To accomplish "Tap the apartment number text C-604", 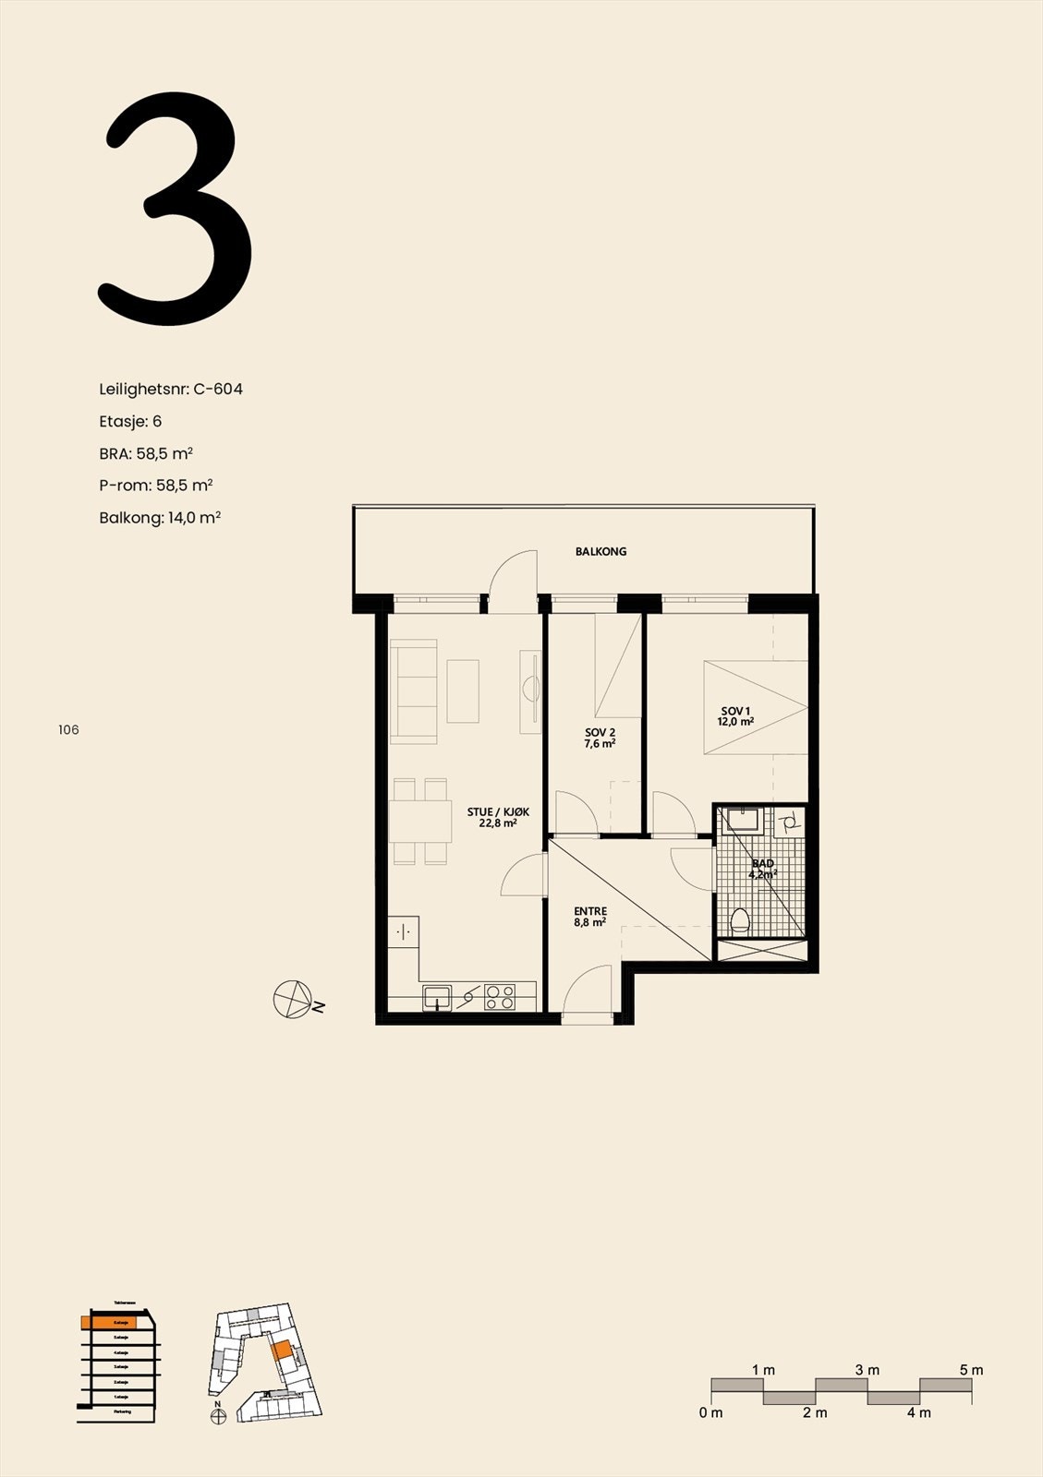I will pyautogui.click(x=218, y=389).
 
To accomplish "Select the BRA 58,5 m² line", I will pyautogui.click(x=146, y=453).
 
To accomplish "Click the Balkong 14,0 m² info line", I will pyautogui.click(x=160, y=517).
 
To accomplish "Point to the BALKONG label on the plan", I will pyautogui.click(x=600, y=551).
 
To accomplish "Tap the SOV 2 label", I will pyautogui.click(x=600, y=737).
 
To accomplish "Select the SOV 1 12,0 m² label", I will pyautogui.click(x=735, y=715).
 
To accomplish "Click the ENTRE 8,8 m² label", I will pyautogui.click(x=589, y=916).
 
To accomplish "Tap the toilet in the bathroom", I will pyautogui.click(x=739, y=920).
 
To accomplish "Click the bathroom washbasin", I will pyautogui.click(x=742, y=819).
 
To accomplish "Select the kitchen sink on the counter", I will pyautogui.click(x=437, y=998).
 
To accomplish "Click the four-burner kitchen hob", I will pyautogui.click(x=500, y=998).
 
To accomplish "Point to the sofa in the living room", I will pyautogui.click(x=413, y=692).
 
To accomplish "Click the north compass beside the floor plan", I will pyautogui.click(x=293, y=999).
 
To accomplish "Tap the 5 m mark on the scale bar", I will pyautogui.click(x=971, y=1370).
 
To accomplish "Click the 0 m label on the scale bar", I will pyautogui.click(x=710, y=1412).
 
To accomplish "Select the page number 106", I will pyautogui.click(x=68, y=729).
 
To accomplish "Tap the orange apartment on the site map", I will pyautogui.click(x=283, y=1351).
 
